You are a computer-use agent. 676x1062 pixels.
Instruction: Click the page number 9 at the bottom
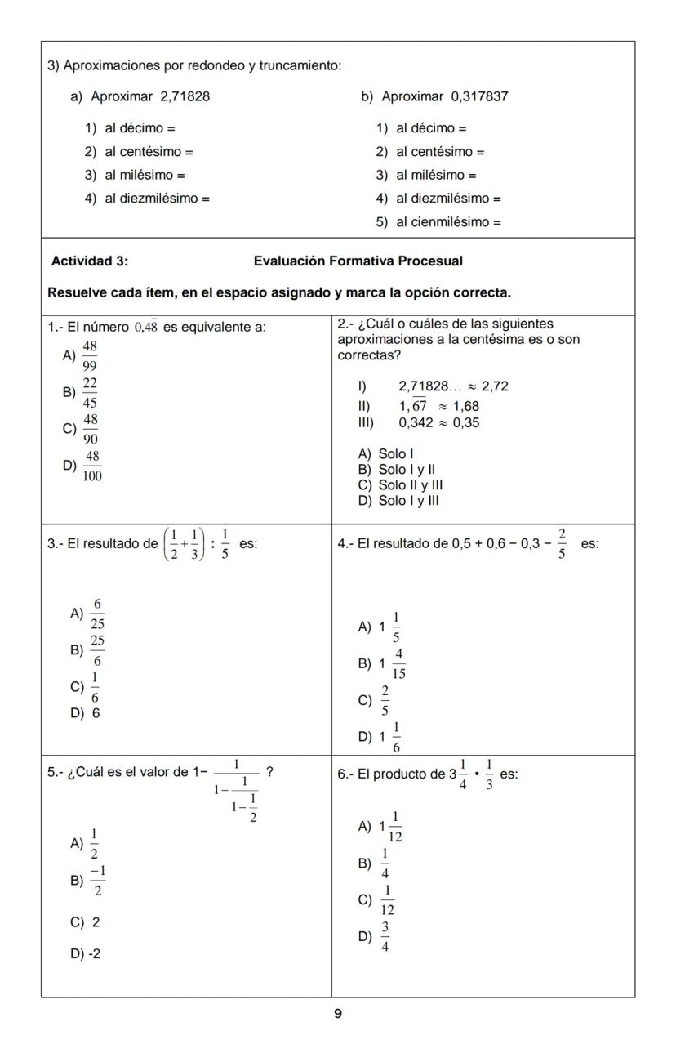pyautogui.click(x=338, y=1014)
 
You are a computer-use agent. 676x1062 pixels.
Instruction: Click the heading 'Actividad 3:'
pyautogui.click(x=89, y=261)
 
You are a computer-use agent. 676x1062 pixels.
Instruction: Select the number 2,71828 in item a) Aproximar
pyautogui.click(x=185, y=96)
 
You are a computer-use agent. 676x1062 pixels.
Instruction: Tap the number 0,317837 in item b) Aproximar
pyautogui.click(x=479, y=96)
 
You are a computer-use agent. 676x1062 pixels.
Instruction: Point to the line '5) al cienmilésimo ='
pyautogui.click(x=438, y=222)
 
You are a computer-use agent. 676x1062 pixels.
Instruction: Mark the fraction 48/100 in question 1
pyautogui.click(x=91, y=466)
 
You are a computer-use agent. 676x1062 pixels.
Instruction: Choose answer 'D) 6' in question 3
pyautogui.click(x=84, y=712)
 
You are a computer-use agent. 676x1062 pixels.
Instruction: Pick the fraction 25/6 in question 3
pyautogui.click(x=97, y=650)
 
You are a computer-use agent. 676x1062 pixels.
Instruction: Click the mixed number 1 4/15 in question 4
pyautogui.click(x=391, y=664)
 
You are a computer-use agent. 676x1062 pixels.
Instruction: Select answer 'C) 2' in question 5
pyautogui.click(x=86, y=922)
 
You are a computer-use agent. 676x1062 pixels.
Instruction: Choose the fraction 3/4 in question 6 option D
pyautogui.click(x=385, y=937)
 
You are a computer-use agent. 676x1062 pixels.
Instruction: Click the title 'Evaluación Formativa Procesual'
pyautogui.click(x=358, y=261)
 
